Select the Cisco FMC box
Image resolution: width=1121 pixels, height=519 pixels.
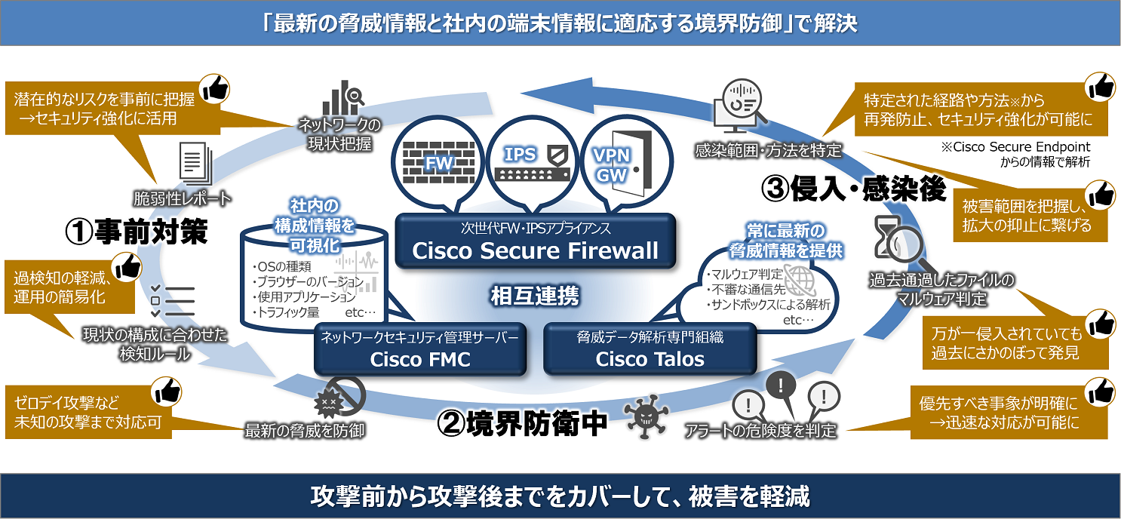(x=419, y=349)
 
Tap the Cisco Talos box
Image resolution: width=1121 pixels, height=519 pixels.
(x=650, y=349)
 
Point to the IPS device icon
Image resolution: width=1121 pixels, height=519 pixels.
(x=533, y=162)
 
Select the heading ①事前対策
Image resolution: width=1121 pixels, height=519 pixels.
(x=136, y=232)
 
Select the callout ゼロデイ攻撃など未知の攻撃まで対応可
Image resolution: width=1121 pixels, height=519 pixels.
(x=88, y=413)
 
